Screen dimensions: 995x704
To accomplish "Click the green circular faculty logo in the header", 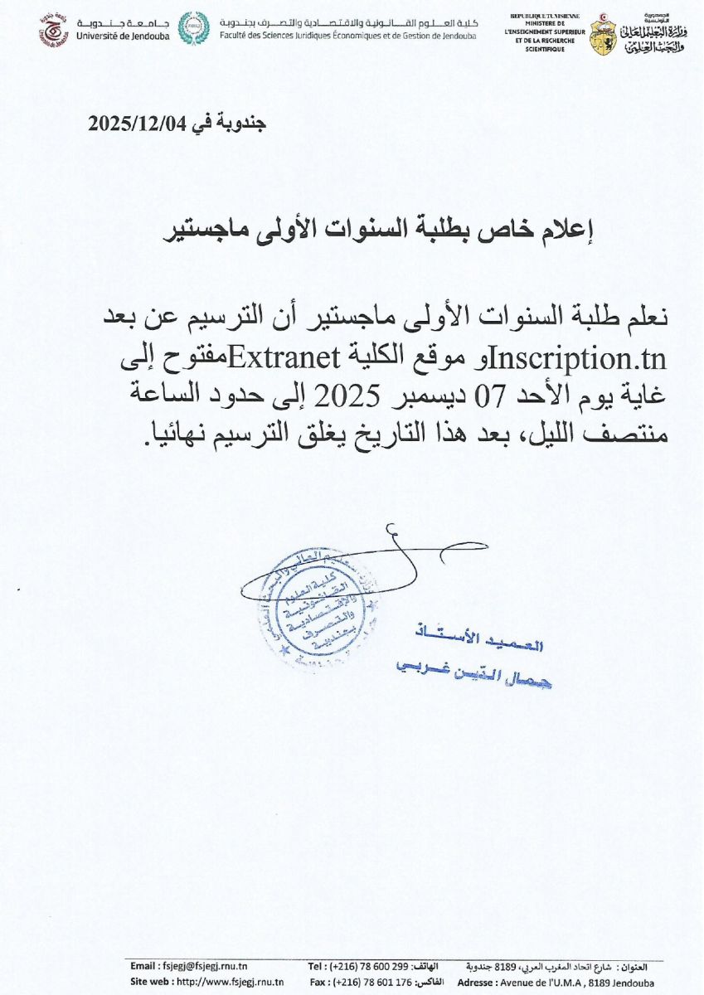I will (x=195, y=30).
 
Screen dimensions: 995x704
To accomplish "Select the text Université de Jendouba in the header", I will (x=123, y=37).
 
